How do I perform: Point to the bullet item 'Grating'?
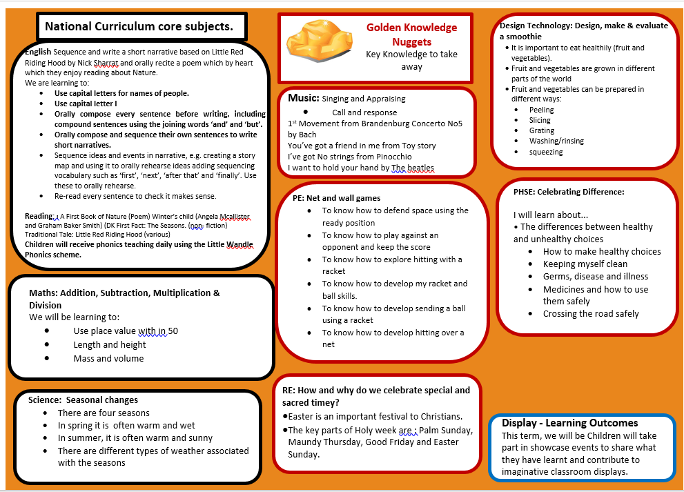pyautogui.click(x=542, y=130)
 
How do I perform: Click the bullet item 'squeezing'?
pyautogui.click(x=546, y=152)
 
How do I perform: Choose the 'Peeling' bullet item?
pyautogui.click(x=541, y=110)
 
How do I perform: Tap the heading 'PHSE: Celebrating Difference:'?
pyautogui.click(x=569, y=192)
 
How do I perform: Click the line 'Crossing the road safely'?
pyautogui.click(x=591, y=313)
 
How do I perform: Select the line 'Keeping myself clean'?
pyautogui.click(x=585, y=264)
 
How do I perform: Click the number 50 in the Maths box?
pyautogui.click(x=173, y=331)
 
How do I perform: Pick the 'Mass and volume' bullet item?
pyautogui.click(x=108, y=358)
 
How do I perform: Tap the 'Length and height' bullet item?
pyautogui.click(x=110, y=344)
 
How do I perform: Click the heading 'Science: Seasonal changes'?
pyautogui.click(x=83, y=400)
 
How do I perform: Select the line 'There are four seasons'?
pyautogui.click(x=104, y=413)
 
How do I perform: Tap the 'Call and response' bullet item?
pyautogui.click(x=364, y=112)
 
